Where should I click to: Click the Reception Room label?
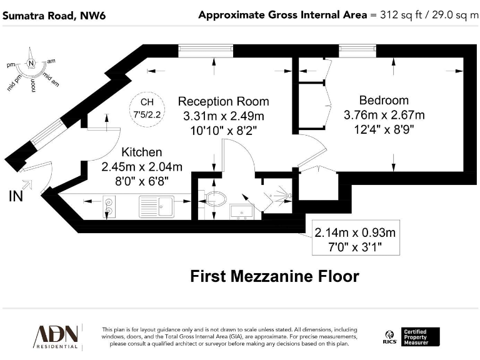pyautogui.click(x=223, y=101)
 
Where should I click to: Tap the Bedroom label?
pyautogui.click(x=384, y=100)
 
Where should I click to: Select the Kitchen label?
pyautogui.click(x=142, y=152)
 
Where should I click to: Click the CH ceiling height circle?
pyautogui.click(x=146, y=107)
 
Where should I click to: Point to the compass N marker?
pyautogui.click(x=32, y=62)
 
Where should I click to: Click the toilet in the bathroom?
pyautogui.click(x=216, y=199)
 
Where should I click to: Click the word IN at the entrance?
pyautogui.click(x=17, y=196)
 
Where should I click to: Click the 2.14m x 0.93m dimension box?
pyautogui.click(x=356, y=240)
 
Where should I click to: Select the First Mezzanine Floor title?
pyautogui.click(x=274, y=276)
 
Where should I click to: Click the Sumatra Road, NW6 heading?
pyautogui.click(x=54, y=15)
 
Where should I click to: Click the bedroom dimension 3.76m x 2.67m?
pyautogui.click(x=384, y=115)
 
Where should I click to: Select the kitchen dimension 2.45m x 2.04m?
pyautogui.click(x=142, y=167)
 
